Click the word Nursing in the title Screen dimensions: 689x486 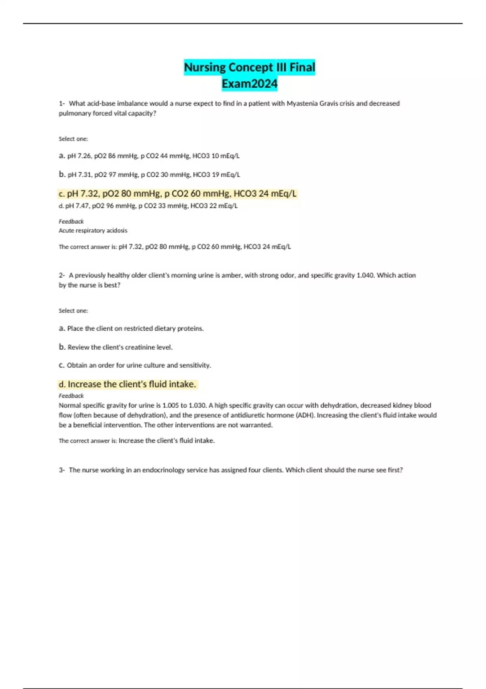(x=205, y=67)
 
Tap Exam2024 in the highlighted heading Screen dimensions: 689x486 (x=249, y=84)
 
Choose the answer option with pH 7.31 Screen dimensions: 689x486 (x=149, y=175)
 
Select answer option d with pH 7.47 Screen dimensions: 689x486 (x=148, y=206)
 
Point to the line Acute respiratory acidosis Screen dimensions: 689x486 (x=93, y=231)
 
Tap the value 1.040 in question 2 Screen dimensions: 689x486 (x=364, y=275)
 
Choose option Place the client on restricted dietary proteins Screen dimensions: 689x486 (x=131, y=328)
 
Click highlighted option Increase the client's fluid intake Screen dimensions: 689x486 (x=128, y=384)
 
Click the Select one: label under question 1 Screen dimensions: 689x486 (x=73, y=139)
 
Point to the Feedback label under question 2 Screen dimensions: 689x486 (x=71, y=396)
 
